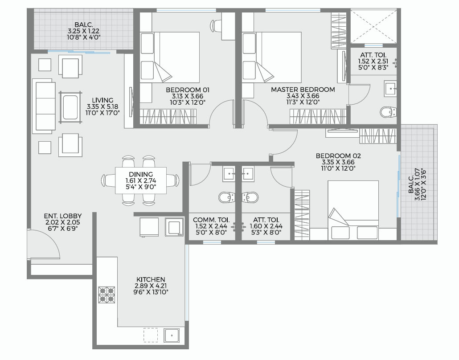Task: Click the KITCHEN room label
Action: (151, 279)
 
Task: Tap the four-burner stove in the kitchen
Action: (107, 295)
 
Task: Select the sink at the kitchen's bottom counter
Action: (172, 335)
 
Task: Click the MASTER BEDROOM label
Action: (303, 90)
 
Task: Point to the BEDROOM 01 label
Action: (188, 90)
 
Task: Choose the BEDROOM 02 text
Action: (338, 155)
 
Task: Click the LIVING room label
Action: (102, 100)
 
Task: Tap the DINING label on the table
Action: (141, 175)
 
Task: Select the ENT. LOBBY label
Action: (63, 216)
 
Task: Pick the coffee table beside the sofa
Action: (70, 107)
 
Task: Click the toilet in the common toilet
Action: (227, 197)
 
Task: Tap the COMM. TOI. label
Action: (211, 220)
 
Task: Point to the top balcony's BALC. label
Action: (84, 25)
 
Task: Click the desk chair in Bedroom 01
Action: (216, 25)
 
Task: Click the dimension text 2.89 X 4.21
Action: (150, 286)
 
